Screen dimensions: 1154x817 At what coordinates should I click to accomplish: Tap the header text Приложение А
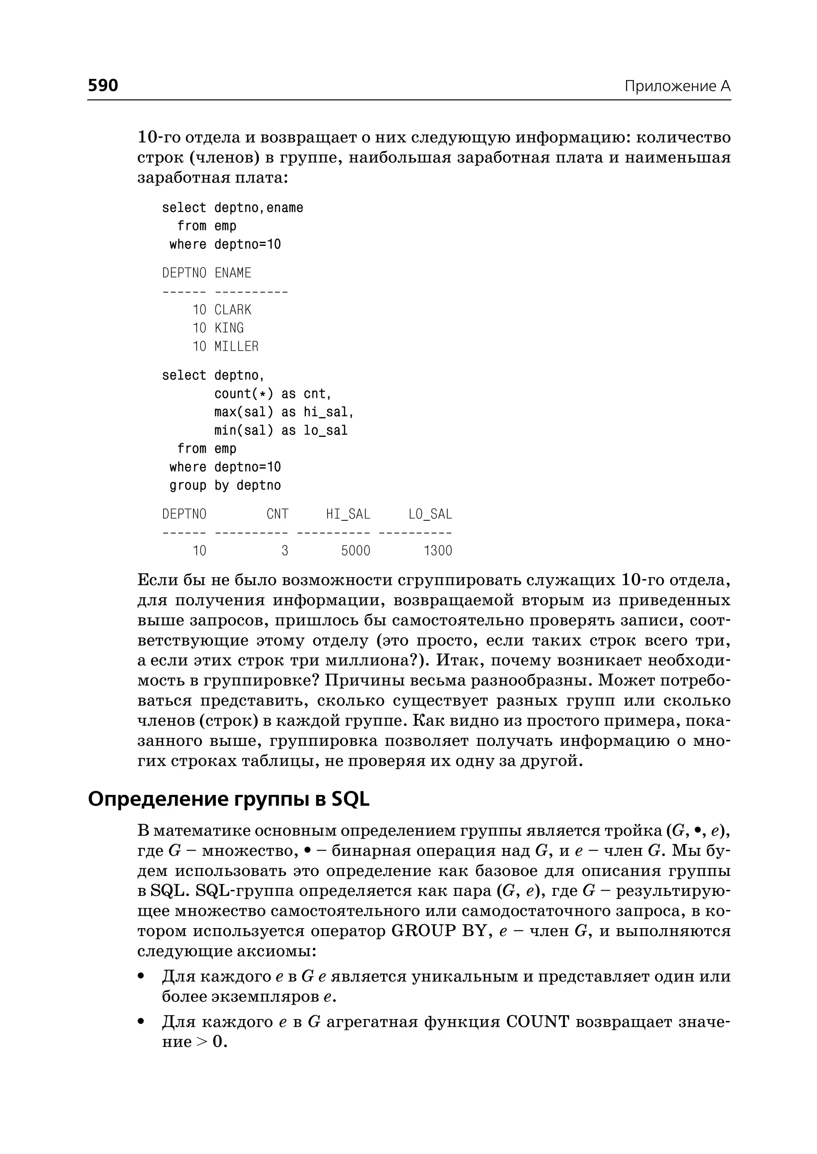pos(677,86)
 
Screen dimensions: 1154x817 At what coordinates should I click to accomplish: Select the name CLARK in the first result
pos(233,310)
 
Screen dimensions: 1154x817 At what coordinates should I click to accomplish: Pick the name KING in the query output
pos(229,328)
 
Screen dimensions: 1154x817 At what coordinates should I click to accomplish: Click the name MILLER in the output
pos(236,347)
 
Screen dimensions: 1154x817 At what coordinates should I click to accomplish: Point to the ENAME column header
pos(233,273)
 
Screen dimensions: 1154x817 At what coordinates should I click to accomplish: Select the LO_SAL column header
pos(430,514)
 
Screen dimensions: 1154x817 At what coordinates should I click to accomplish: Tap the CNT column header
pos(277,514)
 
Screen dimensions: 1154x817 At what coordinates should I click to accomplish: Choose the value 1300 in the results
pos(437,551)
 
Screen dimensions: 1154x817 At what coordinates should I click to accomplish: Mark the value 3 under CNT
pos(285,551)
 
